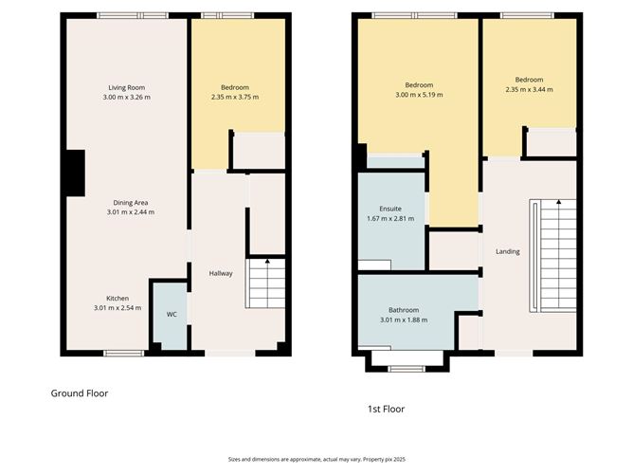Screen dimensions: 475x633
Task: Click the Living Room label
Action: (126, 86)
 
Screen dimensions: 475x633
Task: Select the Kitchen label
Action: (118, 297)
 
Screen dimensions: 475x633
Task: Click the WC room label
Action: (172, 313)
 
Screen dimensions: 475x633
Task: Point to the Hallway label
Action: (221, 273)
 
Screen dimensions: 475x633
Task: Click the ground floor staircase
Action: (266, 283)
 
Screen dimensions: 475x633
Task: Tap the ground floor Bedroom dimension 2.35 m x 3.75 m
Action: (234, 97)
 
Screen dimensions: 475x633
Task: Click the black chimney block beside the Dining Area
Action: (74, 174)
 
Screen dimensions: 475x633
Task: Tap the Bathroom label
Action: (404, 310)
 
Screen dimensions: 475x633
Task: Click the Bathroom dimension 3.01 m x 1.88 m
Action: (404, 320)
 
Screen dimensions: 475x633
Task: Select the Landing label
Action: (508, 251)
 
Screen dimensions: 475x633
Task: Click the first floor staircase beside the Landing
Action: (552, 256)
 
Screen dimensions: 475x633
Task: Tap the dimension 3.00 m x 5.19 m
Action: (418, 95)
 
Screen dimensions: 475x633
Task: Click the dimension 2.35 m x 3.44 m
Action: (529, 89)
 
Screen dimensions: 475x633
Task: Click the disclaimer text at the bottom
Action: (316, 457)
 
